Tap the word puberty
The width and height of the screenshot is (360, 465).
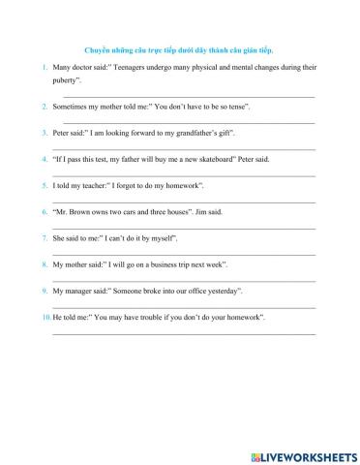[x=69, y=84]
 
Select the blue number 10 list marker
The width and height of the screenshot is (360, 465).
[x=45, y=317]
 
